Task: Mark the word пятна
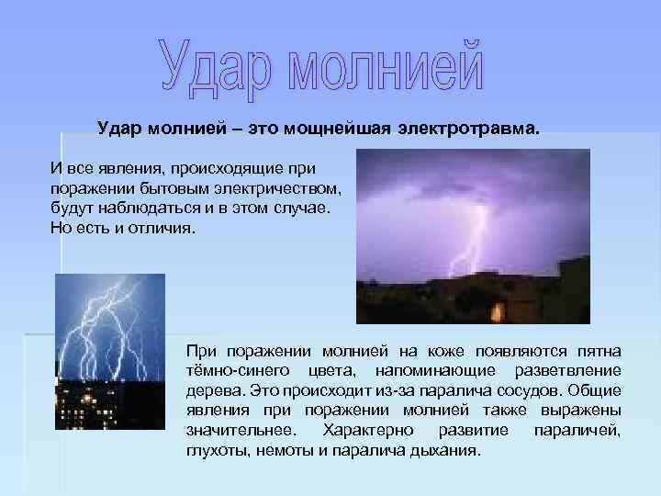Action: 596,352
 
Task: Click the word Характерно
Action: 359,430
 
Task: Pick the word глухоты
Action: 214,450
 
